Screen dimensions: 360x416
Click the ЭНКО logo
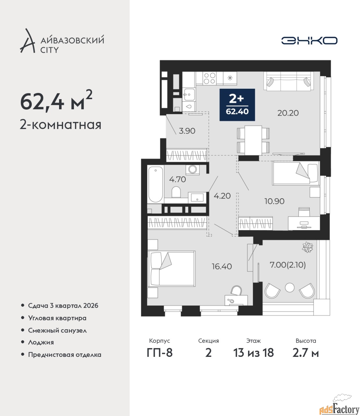(309, 40)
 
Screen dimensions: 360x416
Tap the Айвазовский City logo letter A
(28, 41)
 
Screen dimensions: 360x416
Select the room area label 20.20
(288, 113)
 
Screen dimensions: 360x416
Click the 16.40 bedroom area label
(222, 266)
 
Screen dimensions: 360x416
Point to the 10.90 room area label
(274, 201)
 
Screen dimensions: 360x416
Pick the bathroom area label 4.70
(177, 179)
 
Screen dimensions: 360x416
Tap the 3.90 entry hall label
(187, 131)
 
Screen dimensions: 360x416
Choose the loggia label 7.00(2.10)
(288, 265)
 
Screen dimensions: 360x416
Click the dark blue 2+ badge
(237, 105)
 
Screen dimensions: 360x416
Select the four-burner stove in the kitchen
(209, 78)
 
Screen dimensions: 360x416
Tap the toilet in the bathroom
(176, 192)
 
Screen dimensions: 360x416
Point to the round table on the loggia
(290, 288)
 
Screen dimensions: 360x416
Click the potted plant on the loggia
(307, 247)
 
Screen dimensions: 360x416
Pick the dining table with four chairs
(253, 140)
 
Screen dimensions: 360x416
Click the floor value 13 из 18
(254, 353)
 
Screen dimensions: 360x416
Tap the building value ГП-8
(160, 353)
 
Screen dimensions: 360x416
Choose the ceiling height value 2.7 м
(305, 353)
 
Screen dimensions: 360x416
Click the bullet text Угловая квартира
(57, 318)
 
